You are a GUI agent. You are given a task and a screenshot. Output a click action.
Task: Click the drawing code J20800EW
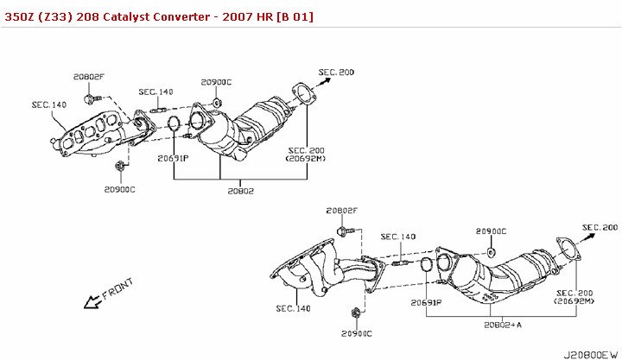(590, 354)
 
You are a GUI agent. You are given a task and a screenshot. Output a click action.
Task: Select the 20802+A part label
(504, 325)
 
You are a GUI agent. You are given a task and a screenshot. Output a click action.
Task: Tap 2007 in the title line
(229, 16)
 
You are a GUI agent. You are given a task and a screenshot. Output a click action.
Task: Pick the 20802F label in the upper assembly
(88, 77)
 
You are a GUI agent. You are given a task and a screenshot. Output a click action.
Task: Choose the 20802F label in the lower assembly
(342, 211)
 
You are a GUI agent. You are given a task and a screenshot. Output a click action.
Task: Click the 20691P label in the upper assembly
(173, 158)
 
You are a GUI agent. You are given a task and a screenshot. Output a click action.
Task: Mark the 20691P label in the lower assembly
(426, 303)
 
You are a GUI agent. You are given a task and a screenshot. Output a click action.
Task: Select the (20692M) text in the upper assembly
(306, 159)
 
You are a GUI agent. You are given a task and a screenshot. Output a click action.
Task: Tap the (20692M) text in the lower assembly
(574, 301)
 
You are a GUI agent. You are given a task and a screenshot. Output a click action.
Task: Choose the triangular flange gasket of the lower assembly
(568, 249)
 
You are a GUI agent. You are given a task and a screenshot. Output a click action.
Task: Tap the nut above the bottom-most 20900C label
(355, 312)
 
